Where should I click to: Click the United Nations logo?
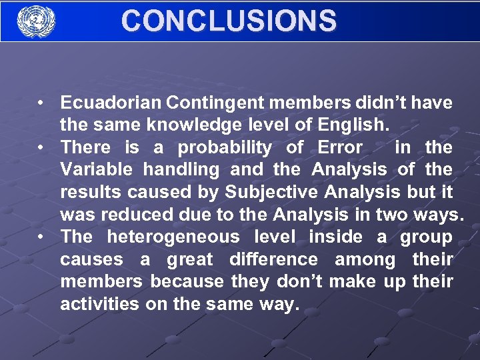coord(36,21)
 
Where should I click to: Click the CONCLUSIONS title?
coord(229,21)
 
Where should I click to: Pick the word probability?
coord(225,147)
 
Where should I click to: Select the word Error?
coord(340,147)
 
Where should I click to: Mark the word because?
coord(187,282)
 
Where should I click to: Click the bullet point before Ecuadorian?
coord(41,103)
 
